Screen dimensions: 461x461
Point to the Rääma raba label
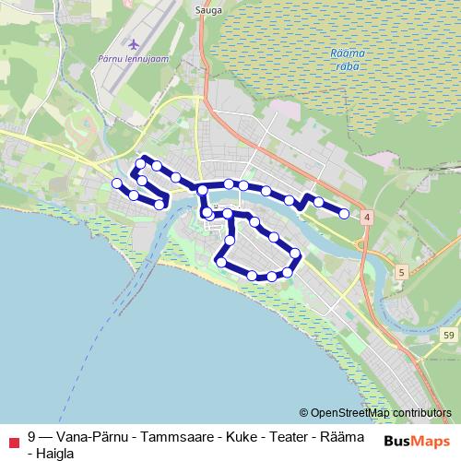pyautogui.click(x=347, y=59)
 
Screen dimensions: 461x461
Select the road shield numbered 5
pyautogui.click(x=402, y=272)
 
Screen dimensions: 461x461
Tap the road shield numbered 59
pyautogui.click(x=448, y=334)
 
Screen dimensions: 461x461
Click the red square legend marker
pyautogui.click(x=12, y=443)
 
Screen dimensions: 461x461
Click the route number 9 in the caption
pyautogui.click(x=32, y=436)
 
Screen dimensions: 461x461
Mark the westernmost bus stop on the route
pyautogui.click(x=116, y=183)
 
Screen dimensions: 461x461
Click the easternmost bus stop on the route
pyautogui.click(x=344, y=214)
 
